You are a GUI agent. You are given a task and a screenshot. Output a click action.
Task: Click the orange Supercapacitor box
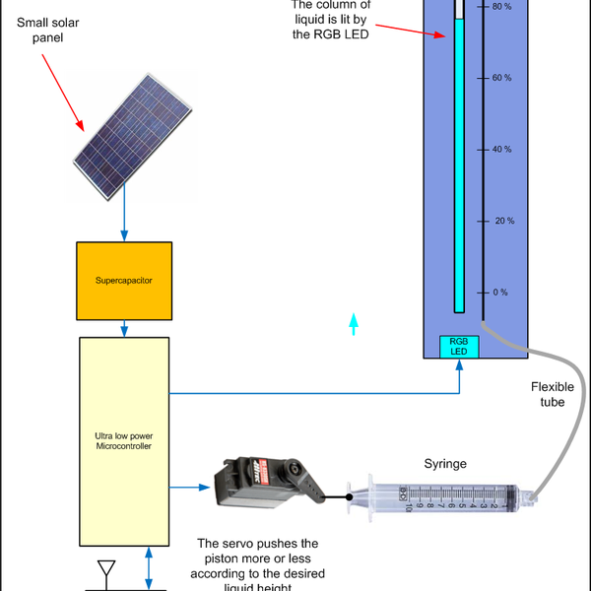(124, 280)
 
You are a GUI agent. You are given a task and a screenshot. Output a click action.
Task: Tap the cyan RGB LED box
(459, 347)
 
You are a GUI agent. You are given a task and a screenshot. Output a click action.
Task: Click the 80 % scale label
(501, 6)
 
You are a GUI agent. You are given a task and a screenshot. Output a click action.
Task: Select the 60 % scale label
(501, 77)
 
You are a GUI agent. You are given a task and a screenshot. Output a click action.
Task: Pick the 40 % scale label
(501, 149)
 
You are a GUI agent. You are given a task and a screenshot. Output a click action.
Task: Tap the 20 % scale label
(501, 221)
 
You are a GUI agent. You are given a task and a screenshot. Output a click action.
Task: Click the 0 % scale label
(499, 293)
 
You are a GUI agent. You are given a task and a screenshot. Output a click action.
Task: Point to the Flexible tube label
(553, 394)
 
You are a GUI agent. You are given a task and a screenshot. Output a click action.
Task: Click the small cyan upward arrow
(354, 324)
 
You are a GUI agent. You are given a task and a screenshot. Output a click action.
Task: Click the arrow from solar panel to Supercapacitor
(124, 217)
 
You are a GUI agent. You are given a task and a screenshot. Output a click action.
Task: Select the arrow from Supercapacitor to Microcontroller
(124, 328)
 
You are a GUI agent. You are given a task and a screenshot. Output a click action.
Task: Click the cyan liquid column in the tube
(459, 167)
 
